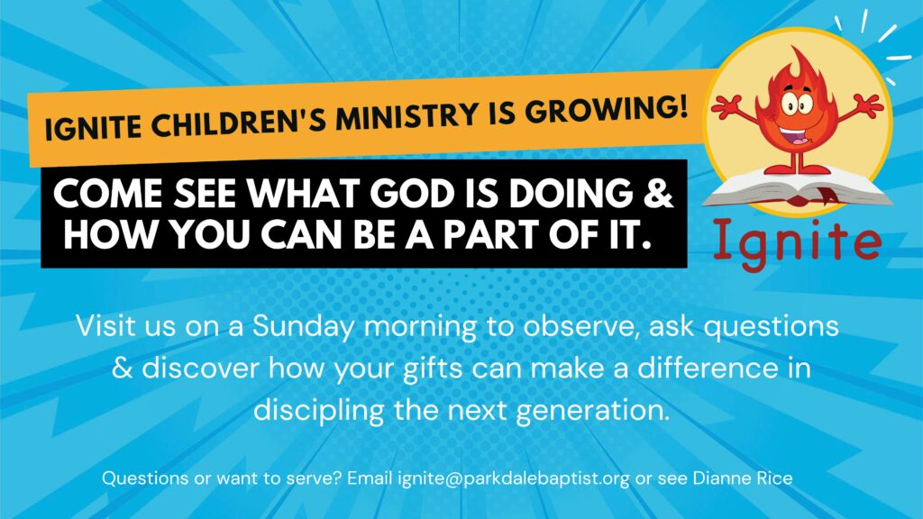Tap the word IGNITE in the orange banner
click(93, 127)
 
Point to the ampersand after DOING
click(658, 193)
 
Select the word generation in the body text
click(593, 411)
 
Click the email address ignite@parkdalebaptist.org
click(514, 478)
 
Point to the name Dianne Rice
click(743, 478)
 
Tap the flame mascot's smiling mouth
click(796, 136)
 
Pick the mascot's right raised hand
click(868, 106)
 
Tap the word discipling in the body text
click(318, 411)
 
